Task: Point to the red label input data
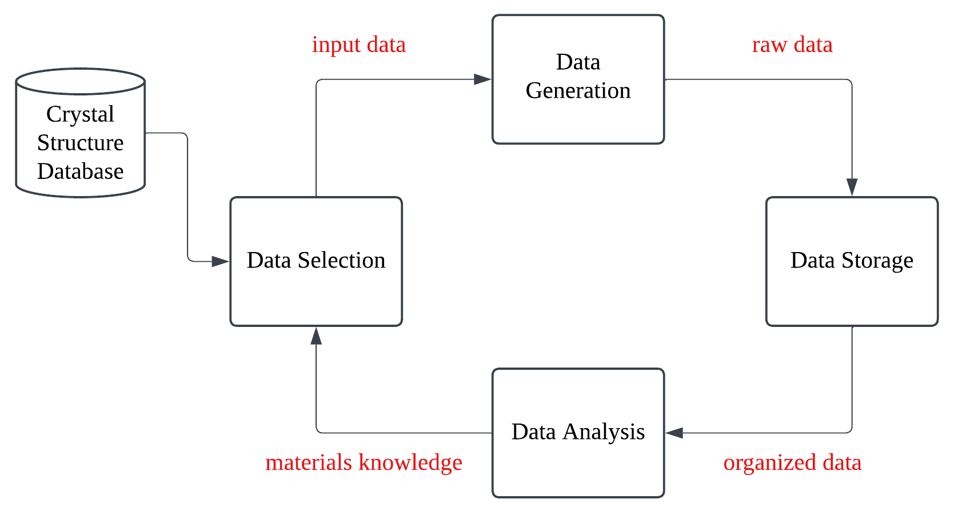[x=358, y=45]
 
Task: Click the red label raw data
[x=792, y=45]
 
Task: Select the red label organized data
[x=792, y=462]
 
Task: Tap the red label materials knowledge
[x=364, y=462]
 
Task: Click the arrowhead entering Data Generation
[x=483, y=79]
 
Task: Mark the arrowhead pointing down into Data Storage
[x=852, y=187]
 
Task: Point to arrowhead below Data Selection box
[x=316, y=336]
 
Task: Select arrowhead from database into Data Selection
[x=220, y=261]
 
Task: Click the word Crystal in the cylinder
[x=80, y=114]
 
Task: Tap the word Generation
[x=578, y=91]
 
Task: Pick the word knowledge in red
[x=410, y=462]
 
